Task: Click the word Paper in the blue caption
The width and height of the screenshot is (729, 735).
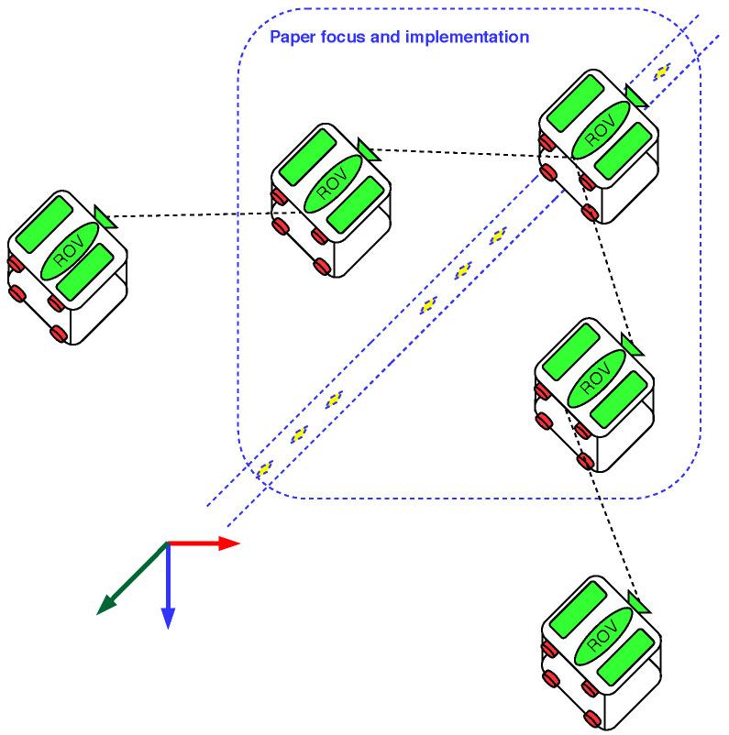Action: pos(288,38)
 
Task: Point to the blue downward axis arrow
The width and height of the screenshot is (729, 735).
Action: pos(168,587)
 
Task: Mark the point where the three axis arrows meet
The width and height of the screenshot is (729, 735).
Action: pos(168,543)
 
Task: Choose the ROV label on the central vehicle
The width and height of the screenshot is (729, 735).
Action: pos(331,183)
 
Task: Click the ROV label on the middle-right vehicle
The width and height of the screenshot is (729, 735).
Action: pos(596,377)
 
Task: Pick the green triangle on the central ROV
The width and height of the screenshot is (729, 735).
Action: pos(369,149)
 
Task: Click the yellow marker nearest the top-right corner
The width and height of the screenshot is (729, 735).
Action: pos(661,71)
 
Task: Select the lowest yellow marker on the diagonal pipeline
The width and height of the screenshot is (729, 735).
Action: pos(265,468)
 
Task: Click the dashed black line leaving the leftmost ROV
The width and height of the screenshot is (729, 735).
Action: pos(193,215)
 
